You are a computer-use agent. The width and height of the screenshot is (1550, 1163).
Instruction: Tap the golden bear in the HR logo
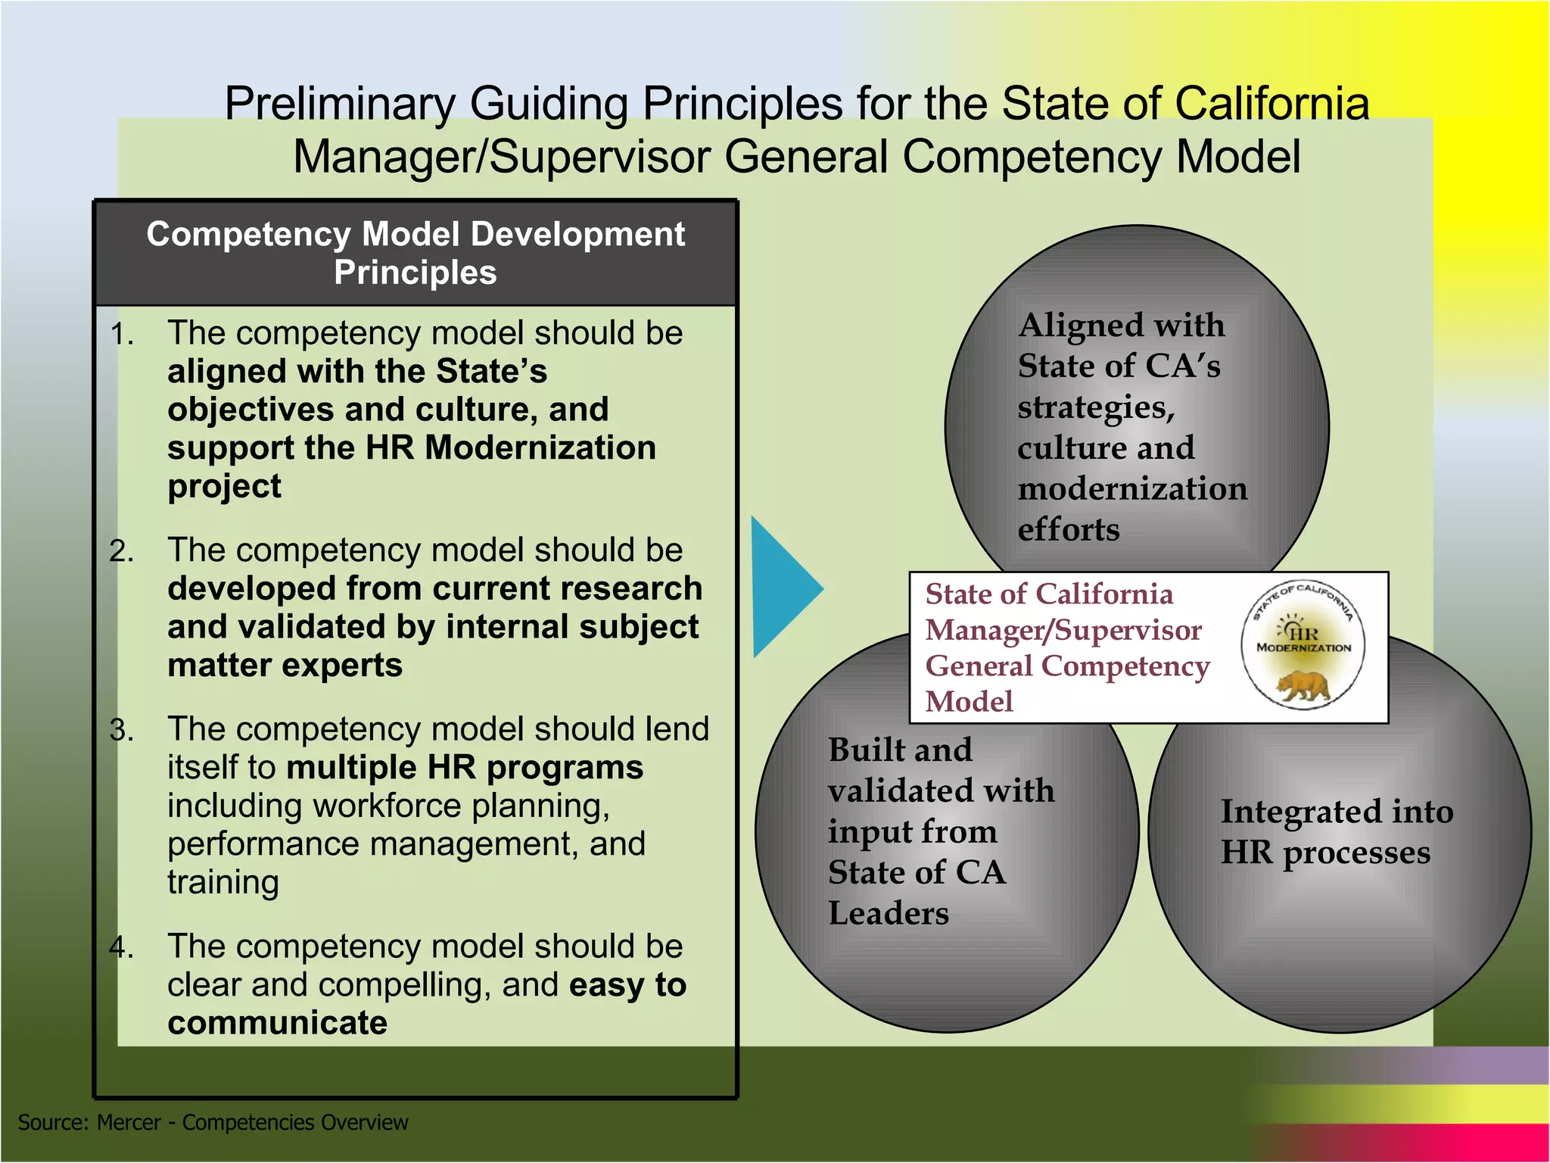pos(1304,686)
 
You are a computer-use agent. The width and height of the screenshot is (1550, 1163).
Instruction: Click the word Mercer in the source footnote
pos(129,1122)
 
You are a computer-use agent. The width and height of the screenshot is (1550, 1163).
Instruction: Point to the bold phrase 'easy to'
pos(627,985)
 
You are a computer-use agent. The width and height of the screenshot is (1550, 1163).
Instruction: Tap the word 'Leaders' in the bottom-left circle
pos(888,913)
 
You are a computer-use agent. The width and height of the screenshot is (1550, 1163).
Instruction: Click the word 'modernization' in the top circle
pos(1132,489)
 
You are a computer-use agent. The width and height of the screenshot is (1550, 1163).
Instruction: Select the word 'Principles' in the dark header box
pos(415,273)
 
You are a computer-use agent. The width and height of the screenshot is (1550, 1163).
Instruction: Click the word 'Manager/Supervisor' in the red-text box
pos(1063,631)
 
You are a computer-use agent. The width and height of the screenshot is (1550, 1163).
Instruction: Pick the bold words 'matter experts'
pos(285,666)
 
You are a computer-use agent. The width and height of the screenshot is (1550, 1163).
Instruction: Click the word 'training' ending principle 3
pos(223,883)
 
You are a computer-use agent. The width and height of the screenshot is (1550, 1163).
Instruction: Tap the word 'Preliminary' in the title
pos(340,104)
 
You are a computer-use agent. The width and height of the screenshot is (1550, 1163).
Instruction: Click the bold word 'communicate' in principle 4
pos(277,1023)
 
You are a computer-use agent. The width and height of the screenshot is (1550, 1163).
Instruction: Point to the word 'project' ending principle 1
pos(224,486)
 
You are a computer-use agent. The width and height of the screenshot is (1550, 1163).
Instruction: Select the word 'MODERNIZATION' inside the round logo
pos(1303,648)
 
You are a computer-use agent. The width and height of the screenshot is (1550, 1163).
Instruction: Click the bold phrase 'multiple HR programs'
pos(465,768)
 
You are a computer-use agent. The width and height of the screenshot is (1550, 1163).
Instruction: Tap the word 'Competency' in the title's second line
pos(1032,157)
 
